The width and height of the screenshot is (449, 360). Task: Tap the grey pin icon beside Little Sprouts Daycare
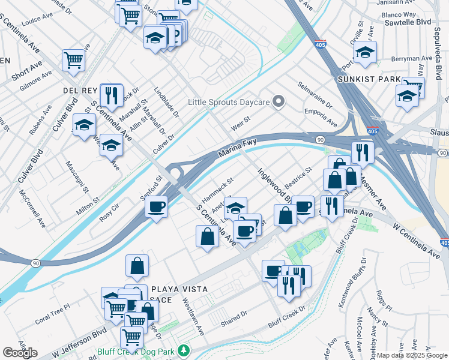(x=278, y=102)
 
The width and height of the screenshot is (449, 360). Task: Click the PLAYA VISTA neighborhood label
(x=179, y=289)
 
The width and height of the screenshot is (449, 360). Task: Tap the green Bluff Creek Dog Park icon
(x=183, y=350)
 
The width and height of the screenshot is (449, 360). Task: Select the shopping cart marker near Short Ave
(x=73, y=60)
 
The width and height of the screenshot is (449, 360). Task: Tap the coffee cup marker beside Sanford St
(x=157, y=208)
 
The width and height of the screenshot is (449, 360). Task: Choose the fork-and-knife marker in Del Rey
(x=111, y=94)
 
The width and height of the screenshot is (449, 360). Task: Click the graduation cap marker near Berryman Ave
(x=365, y=53)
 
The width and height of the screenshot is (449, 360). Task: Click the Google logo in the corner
(x=20, y=353)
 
